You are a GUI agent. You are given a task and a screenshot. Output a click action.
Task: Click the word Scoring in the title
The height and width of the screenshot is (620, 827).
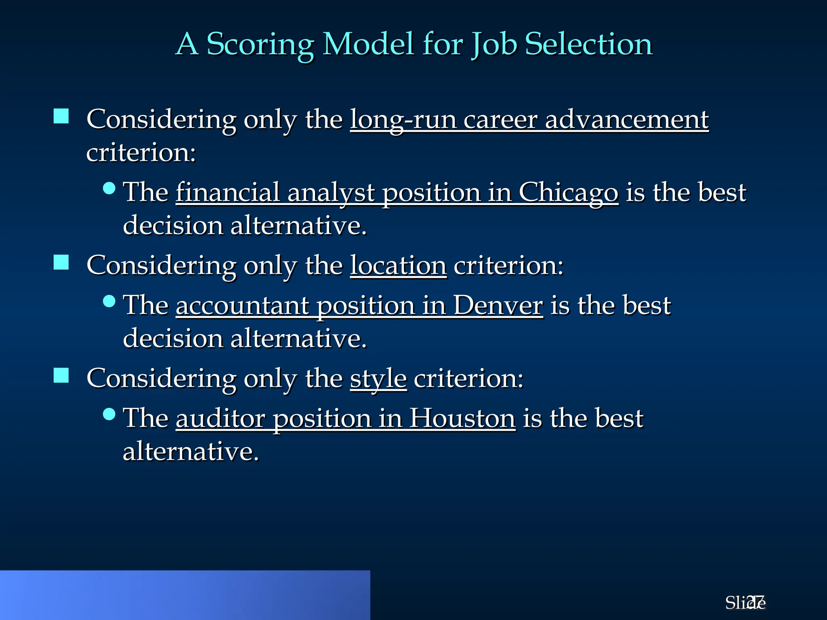(260, 44)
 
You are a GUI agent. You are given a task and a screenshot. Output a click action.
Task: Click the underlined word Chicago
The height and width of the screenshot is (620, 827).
(568, 193)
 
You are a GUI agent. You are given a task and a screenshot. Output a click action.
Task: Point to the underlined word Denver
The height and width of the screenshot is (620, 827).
(498, 306)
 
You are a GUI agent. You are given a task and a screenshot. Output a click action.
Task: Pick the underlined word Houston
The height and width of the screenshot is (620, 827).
(462, 419)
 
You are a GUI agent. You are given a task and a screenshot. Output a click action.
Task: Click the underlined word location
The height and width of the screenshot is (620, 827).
(398, 266)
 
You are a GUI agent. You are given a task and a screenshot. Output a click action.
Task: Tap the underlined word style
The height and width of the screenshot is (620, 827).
(378, 379)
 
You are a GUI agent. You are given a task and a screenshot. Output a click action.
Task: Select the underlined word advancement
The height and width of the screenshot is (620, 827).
(627, 120)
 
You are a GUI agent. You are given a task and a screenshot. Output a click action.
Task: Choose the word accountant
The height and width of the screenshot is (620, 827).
(242, 306)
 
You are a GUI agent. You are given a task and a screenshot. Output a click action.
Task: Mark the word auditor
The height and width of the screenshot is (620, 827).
(220, 419)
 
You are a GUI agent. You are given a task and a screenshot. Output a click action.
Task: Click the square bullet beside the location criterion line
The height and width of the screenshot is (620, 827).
(61, 262)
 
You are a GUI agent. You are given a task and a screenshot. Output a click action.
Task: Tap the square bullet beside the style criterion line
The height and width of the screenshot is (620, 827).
(61, 375)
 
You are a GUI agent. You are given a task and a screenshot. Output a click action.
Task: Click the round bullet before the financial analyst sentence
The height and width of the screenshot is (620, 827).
(109, 188)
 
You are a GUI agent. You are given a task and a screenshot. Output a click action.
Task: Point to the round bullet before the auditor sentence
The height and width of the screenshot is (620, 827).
(109, 414)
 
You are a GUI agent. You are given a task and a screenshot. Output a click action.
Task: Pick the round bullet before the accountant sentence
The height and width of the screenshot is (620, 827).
(109, 301)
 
